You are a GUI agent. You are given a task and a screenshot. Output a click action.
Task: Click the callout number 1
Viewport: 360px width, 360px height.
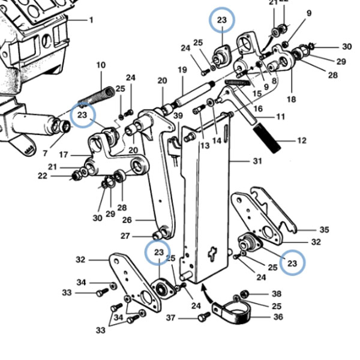(x=91, y=20)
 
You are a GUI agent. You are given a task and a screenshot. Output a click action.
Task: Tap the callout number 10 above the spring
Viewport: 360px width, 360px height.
(x=101, y=65)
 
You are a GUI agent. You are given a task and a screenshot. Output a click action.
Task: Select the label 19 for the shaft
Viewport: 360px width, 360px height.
(x=182, y=70)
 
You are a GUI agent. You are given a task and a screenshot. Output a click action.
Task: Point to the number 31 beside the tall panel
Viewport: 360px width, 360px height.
(x=257, y=161)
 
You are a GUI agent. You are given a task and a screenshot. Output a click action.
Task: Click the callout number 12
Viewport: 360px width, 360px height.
(x=302, y=140)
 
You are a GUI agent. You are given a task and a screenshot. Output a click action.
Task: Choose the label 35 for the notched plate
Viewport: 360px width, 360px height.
(x=324, y=230)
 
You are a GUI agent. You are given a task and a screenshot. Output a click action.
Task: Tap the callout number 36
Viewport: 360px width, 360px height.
(x=278, y=317)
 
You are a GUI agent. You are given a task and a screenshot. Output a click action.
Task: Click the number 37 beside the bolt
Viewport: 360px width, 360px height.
(x=170, y=318)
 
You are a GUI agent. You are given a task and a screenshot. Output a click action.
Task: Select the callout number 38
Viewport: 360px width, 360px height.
(x=277, y=293)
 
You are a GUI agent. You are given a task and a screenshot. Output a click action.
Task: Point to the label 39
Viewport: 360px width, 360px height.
(x=178, y=116)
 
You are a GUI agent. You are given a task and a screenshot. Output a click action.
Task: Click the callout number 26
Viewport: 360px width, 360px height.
(x=127, y=220)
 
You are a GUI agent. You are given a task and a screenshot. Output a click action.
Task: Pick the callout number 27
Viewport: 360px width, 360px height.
(x=125, y=236)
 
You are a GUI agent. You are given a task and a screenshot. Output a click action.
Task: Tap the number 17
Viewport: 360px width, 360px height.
(x=64, y=155)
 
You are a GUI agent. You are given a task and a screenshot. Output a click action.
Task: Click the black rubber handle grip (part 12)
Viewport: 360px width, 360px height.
(x=267, y=138)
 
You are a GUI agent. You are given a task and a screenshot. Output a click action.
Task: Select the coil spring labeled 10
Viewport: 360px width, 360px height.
(x=97, y=96)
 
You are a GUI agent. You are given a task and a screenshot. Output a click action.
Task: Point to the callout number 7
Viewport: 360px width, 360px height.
(x=45, y=153)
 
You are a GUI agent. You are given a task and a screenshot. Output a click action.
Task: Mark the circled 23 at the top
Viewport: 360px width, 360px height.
(x=222, y=20)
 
